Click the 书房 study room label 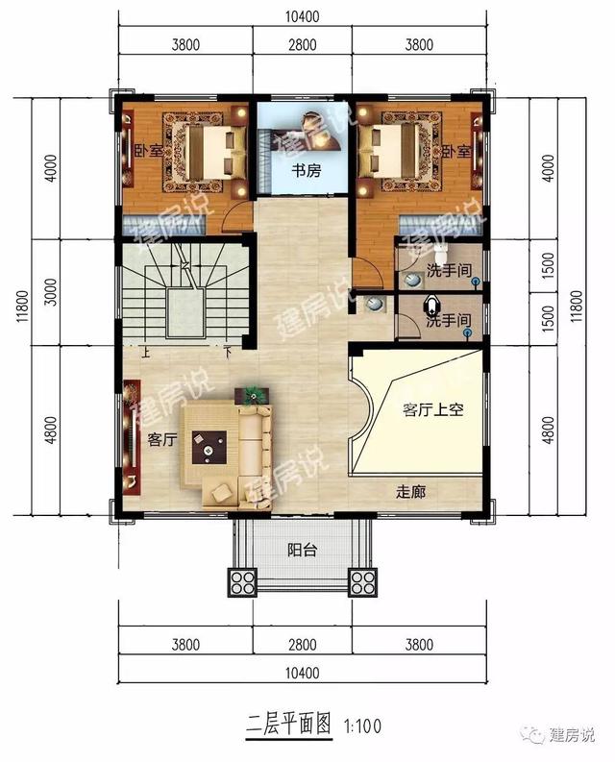pos(306,171)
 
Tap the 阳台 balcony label pos(302,550)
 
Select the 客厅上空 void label pos(432,409)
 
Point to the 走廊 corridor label pos(411,492)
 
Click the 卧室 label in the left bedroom pos(149,151)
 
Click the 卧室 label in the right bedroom pos(456,151)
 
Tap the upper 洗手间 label pos(449,270)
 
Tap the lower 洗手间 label pos(448,321)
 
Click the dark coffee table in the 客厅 pos(209,447)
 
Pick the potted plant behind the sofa pos(252,395)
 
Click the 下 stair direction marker pos(228,353)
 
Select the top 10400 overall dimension pos(303,16)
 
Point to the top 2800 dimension pos(303,45)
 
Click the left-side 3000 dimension pos(51,291)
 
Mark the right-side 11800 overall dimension pos(576,307)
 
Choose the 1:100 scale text pos(362,726)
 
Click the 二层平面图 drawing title pos(289,725)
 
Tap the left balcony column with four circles pos(242,582)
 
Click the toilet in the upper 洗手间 pos(440,253)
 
